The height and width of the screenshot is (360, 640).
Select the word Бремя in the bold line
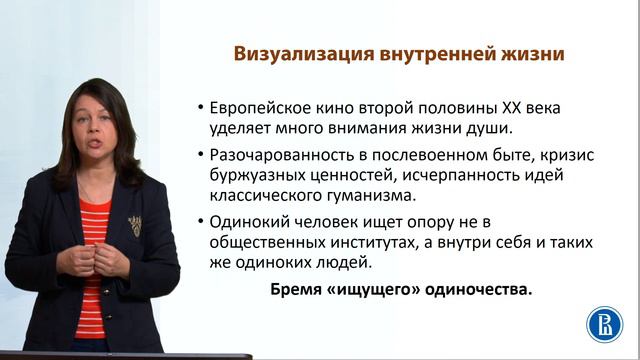click(299, 291)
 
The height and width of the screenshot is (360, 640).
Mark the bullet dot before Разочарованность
click(202, 157)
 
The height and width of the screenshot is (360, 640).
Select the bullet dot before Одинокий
click(202, 224)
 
